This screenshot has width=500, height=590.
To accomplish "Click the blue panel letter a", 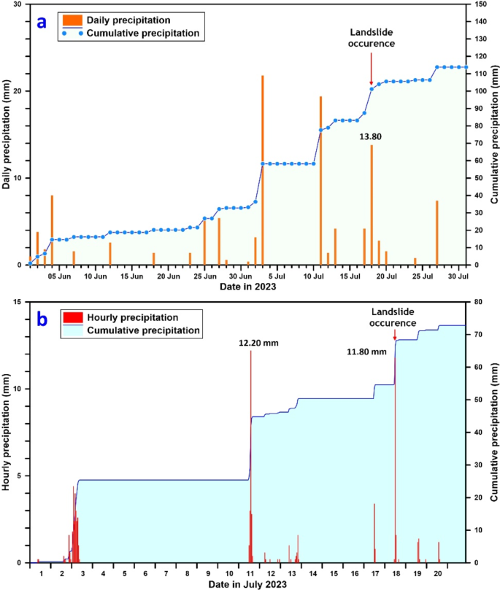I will coord(42,22).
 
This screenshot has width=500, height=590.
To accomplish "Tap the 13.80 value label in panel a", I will coord(371,136).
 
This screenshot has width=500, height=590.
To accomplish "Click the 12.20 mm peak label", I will coord(259,342).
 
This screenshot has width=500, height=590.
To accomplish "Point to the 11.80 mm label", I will coord(366,352).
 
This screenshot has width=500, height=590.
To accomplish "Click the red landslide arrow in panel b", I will coord(395,335).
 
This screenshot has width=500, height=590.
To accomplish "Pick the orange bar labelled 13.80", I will coord(371,204).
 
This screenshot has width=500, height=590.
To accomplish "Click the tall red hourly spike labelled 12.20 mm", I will coord(250,452).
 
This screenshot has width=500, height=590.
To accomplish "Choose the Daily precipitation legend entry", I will coord(117,19).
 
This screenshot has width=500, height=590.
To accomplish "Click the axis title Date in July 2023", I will coord(250,585).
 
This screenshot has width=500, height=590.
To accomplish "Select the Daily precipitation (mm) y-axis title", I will coord(7,135).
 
